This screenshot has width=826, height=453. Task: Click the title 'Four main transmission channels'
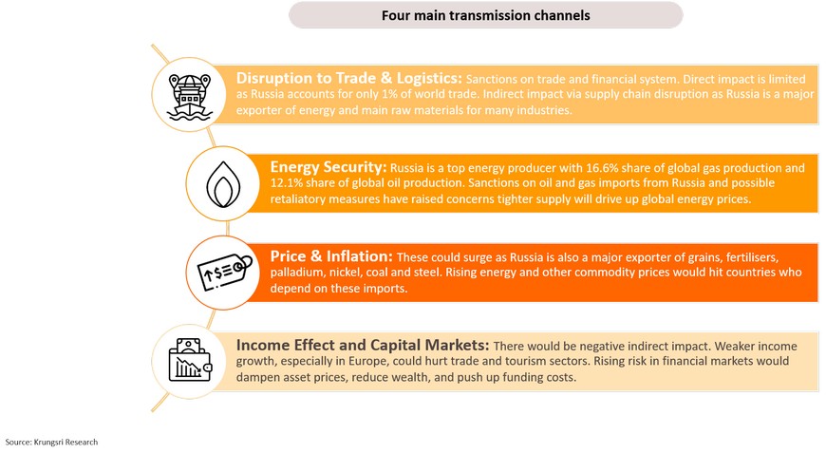click(x=486, y=15)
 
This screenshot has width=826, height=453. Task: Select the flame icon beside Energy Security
click(x=223, y=184)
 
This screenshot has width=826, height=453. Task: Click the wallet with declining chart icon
click(x=190, y=360)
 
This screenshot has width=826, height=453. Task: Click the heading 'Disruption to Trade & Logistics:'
click(x=348, y=79)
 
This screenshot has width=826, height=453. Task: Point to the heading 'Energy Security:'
click(x=329, y=167)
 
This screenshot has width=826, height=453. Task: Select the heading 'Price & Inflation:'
click(x=331, y=256)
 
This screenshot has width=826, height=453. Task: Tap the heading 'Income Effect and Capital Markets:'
click(x=363, y=346)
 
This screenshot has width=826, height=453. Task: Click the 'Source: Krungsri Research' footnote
click(x=51, y=442)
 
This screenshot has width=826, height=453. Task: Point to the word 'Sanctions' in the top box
click(x=489, y=79)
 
